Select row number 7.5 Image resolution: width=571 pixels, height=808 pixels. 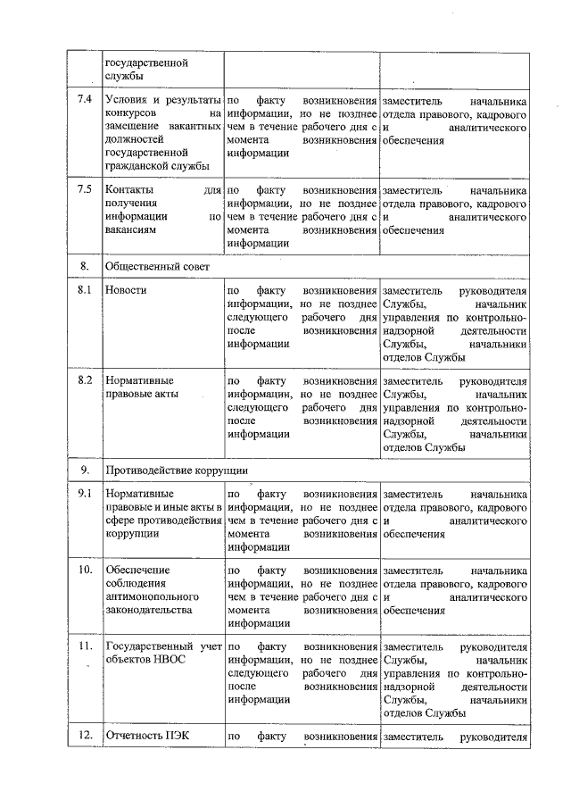pyautogui.click(x=85, y=190)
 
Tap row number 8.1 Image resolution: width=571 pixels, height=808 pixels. pyautogui.click(x=85, y=290)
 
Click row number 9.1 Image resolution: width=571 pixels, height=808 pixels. pyautogui.click(x=85, y=493)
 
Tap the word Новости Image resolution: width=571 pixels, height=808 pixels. pyautogui.click(x=125, y=290)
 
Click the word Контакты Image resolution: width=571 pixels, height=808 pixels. pyautogui.click(x=128, y=190)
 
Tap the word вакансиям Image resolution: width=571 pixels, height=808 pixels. pyautogui.click(x=130, y=229)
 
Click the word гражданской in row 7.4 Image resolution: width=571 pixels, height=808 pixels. pyautogui.click(x=137, y=165)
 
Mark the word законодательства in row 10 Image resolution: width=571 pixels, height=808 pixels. pyautogui.click(x=148, y=610)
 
